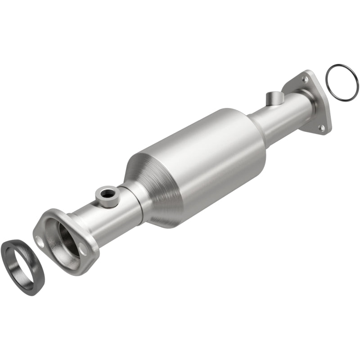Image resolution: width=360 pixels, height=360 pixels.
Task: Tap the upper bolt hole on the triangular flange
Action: pyautogui.click(x=306, y=80)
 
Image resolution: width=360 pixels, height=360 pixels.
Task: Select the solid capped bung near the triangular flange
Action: pyautogui.click(x=274, y=98)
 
